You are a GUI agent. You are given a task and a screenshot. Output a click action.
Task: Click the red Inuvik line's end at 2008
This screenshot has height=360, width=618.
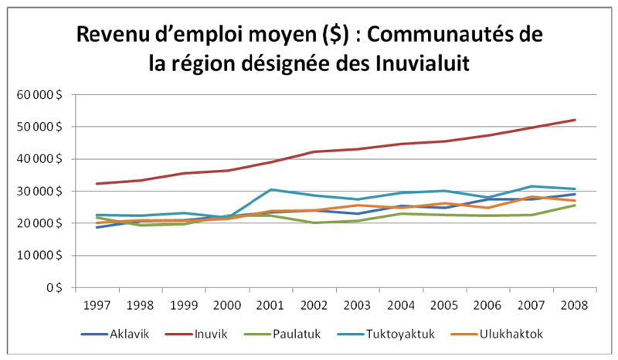pos(575,120)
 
